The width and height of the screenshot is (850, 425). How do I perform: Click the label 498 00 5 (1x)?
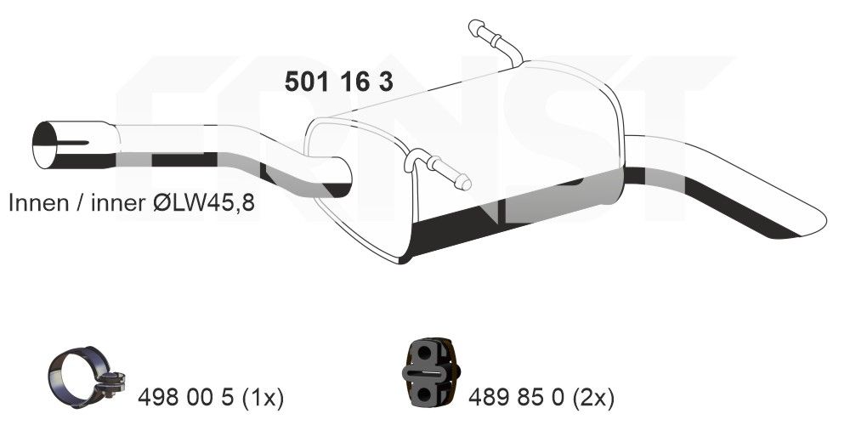[x=210, y=396]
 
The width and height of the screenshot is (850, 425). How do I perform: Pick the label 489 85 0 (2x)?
[x=541, y=396]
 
